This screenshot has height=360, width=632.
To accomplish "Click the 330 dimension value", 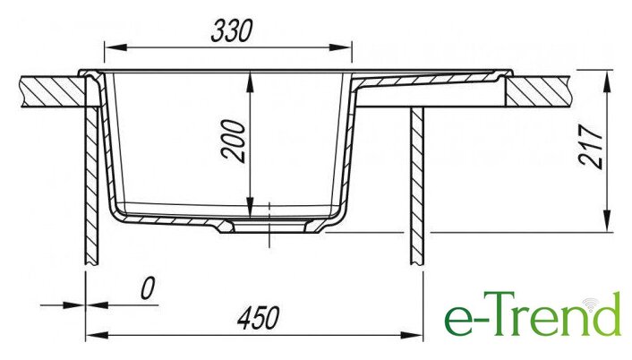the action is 232,30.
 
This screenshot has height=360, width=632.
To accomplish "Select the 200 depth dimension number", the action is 234,141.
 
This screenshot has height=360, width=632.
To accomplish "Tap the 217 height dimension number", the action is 591,146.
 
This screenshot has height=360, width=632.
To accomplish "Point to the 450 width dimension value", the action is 259,318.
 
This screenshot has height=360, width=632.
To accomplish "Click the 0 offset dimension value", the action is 148,288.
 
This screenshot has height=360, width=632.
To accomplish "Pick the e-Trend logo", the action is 533,314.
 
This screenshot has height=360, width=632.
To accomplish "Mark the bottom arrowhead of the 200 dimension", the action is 251,208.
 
